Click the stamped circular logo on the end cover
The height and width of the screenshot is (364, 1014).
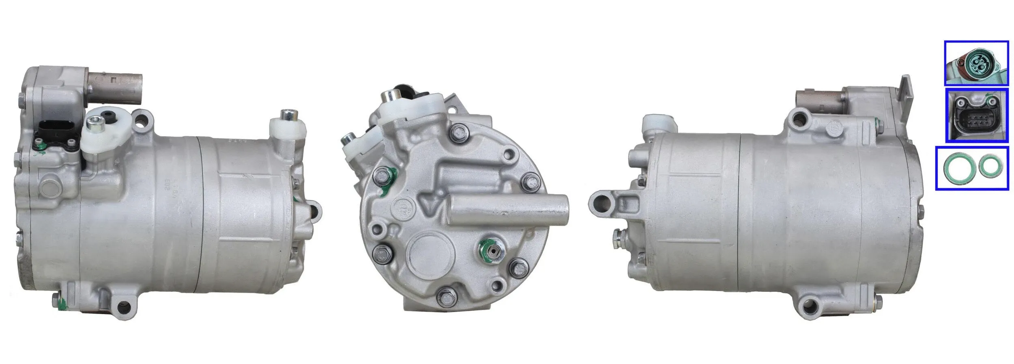[x=403, y=210]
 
